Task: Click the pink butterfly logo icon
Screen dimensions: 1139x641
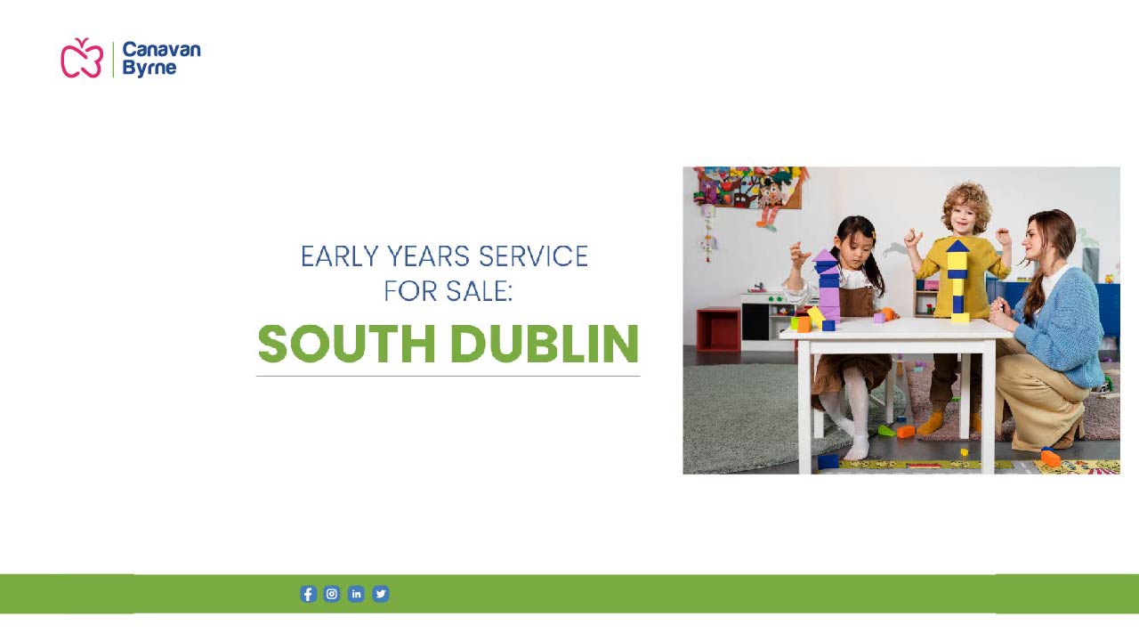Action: click(x=82, y=58)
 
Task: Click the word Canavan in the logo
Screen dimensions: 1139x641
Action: click(x=162, y=50)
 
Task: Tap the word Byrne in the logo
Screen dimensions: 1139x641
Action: click(x=149, y=69)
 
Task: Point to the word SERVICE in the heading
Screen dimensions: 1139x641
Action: click(x=533, y=256)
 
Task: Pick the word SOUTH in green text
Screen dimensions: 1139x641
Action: click(x=347, y=344)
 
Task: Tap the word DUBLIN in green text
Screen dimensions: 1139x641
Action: click(x=545, y=344)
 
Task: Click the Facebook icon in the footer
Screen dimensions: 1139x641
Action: click(x=308, y=594)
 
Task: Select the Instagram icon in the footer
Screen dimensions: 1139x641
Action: click(x=332, y=594)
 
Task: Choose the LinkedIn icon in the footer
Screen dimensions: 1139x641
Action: click(x=356, y=594)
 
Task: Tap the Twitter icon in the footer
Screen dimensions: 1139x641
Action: click(x=380, y=594)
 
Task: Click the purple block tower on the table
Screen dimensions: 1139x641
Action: click(x=827, y=287)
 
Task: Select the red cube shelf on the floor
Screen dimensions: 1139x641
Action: click(x=718, y=329)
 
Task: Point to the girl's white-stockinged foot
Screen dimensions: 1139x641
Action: click(x=858, y=447)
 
